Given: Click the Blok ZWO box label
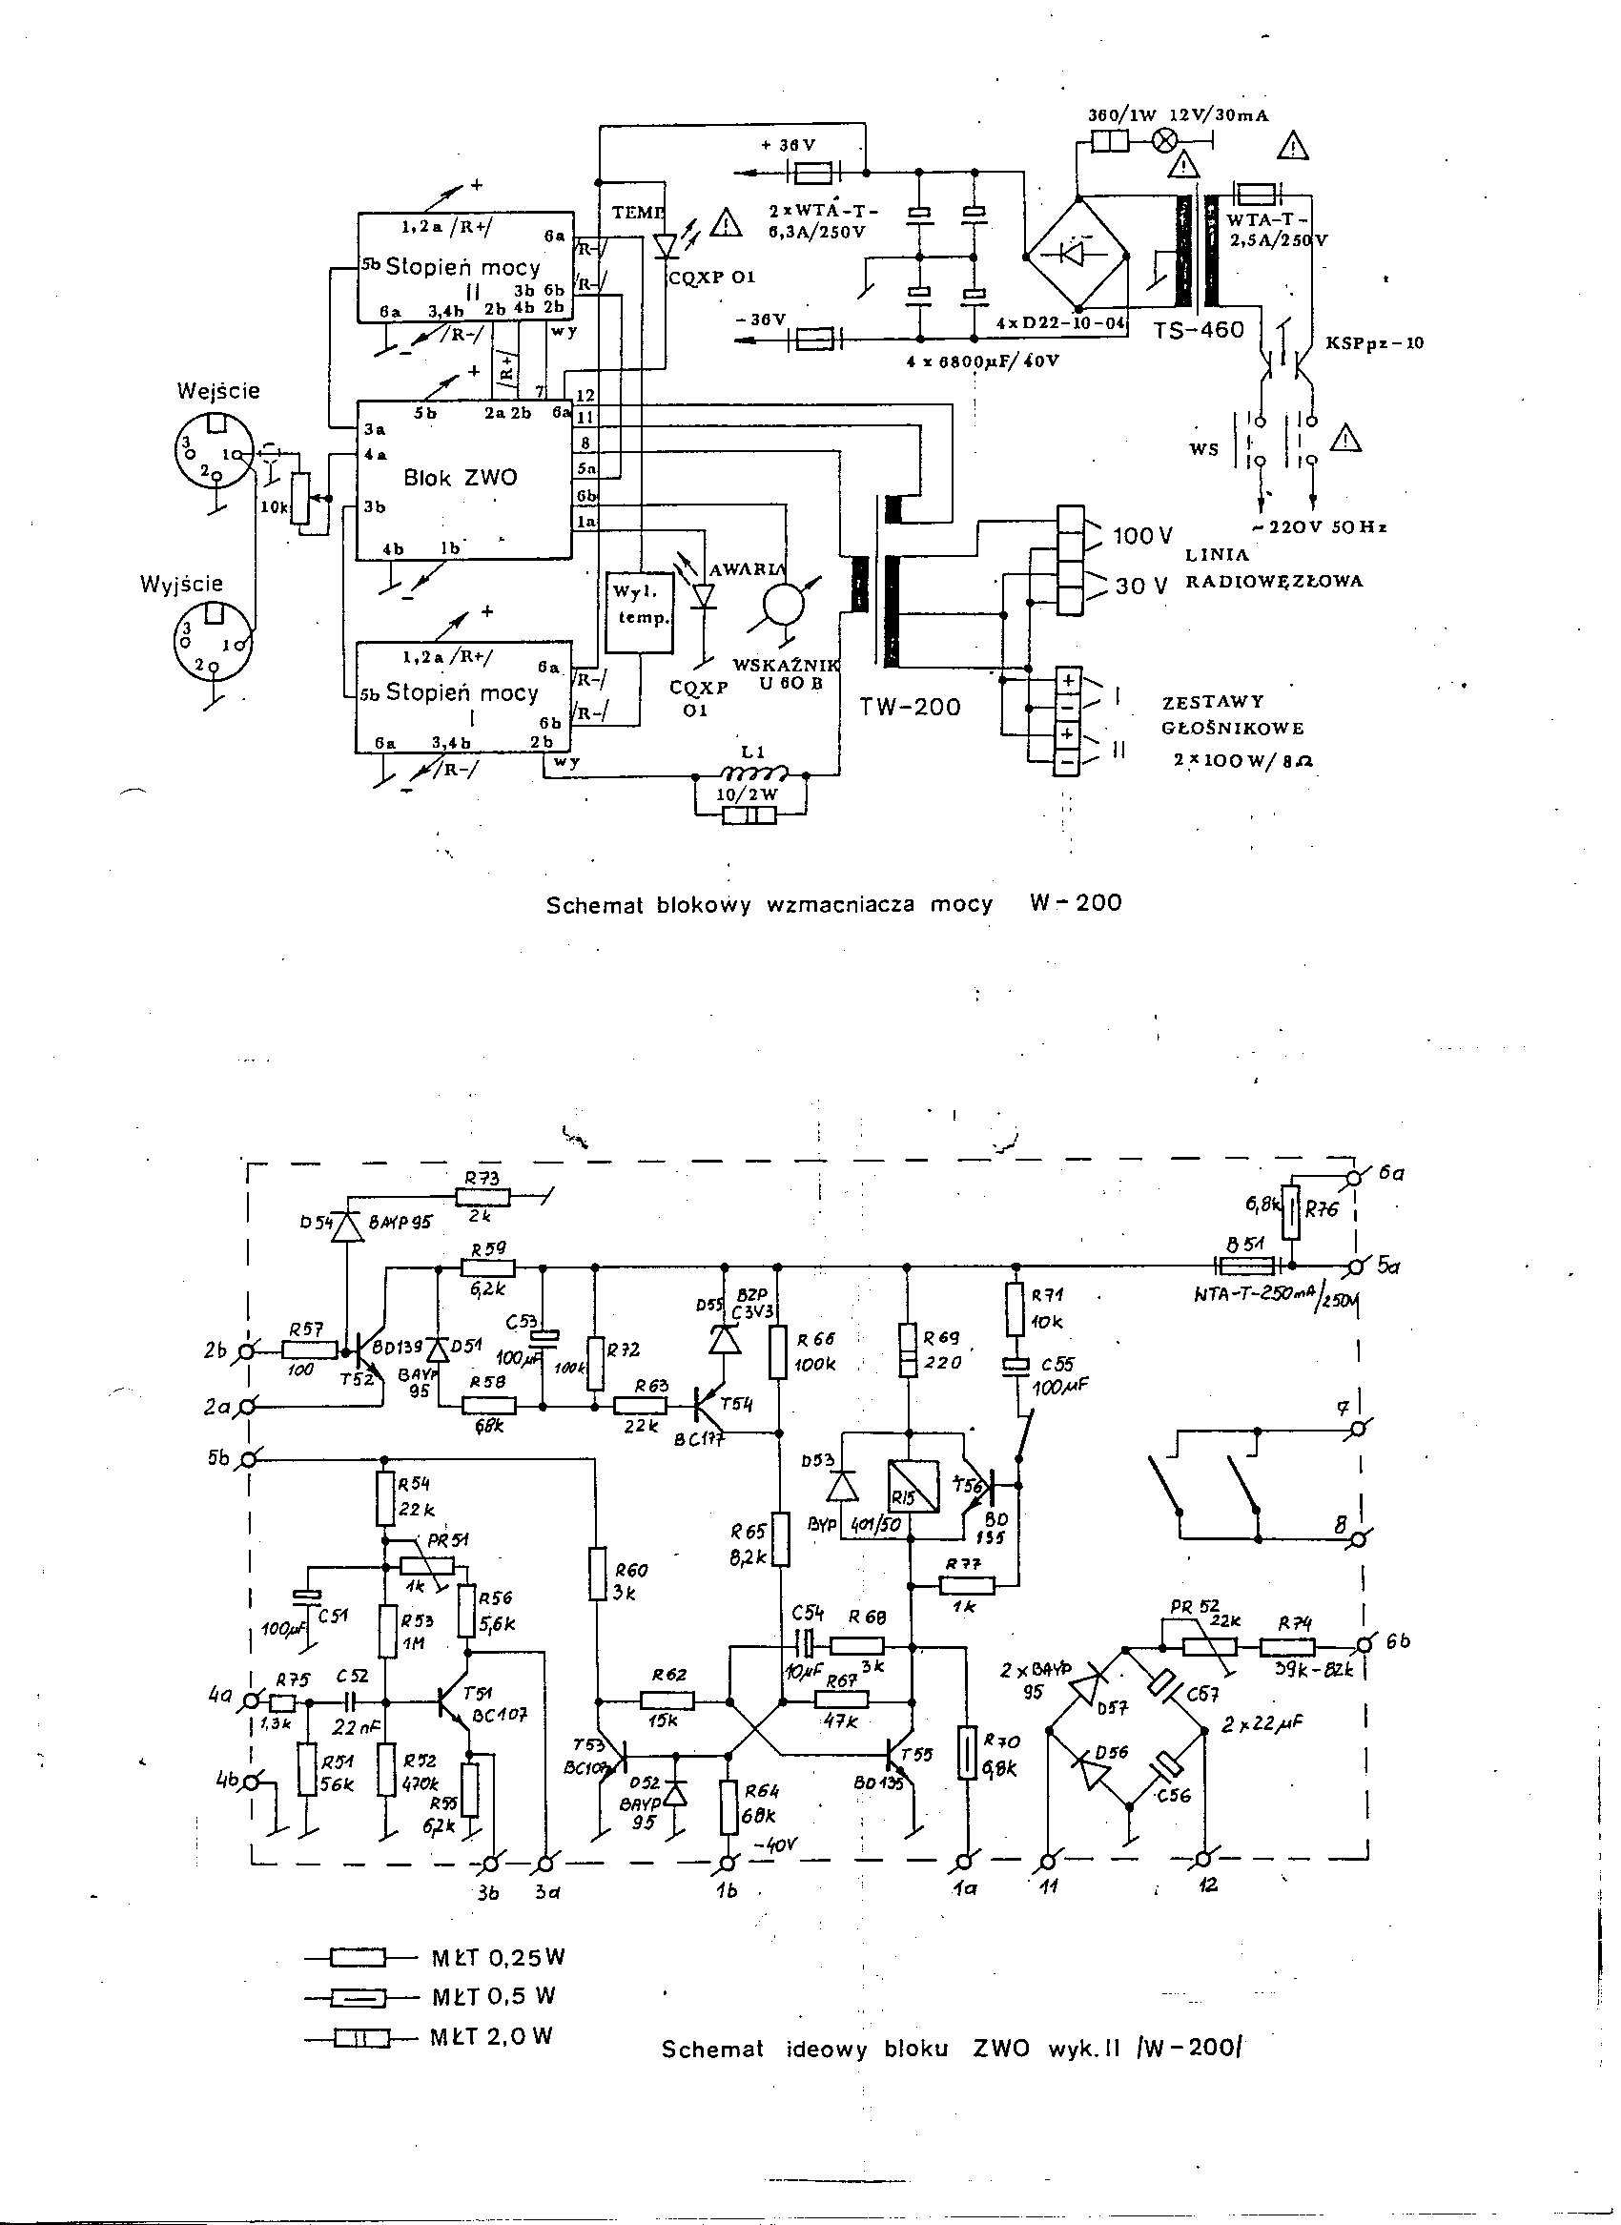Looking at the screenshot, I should [x=461, y=478].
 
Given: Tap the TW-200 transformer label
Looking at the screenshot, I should [x=910, y=707].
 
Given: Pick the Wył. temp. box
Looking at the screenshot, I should [x=640, y=611].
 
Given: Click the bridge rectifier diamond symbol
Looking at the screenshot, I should [x=1077, y=258].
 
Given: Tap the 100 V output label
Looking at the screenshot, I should [x=1142, y=536].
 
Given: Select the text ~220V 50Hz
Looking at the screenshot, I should [x=1322, y=527].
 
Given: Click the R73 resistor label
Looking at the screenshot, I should [x=482, y=1179].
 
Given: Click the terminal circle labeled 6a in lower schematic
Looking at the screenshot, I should [x=1357, y=1177].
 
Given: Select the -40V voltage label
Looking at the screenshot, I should [x=776, y=1844].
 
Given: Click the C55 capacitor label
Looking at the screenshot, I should [x=1057, y=1365].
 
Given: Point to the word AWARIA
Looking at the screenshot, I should [x=747, y=570].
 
